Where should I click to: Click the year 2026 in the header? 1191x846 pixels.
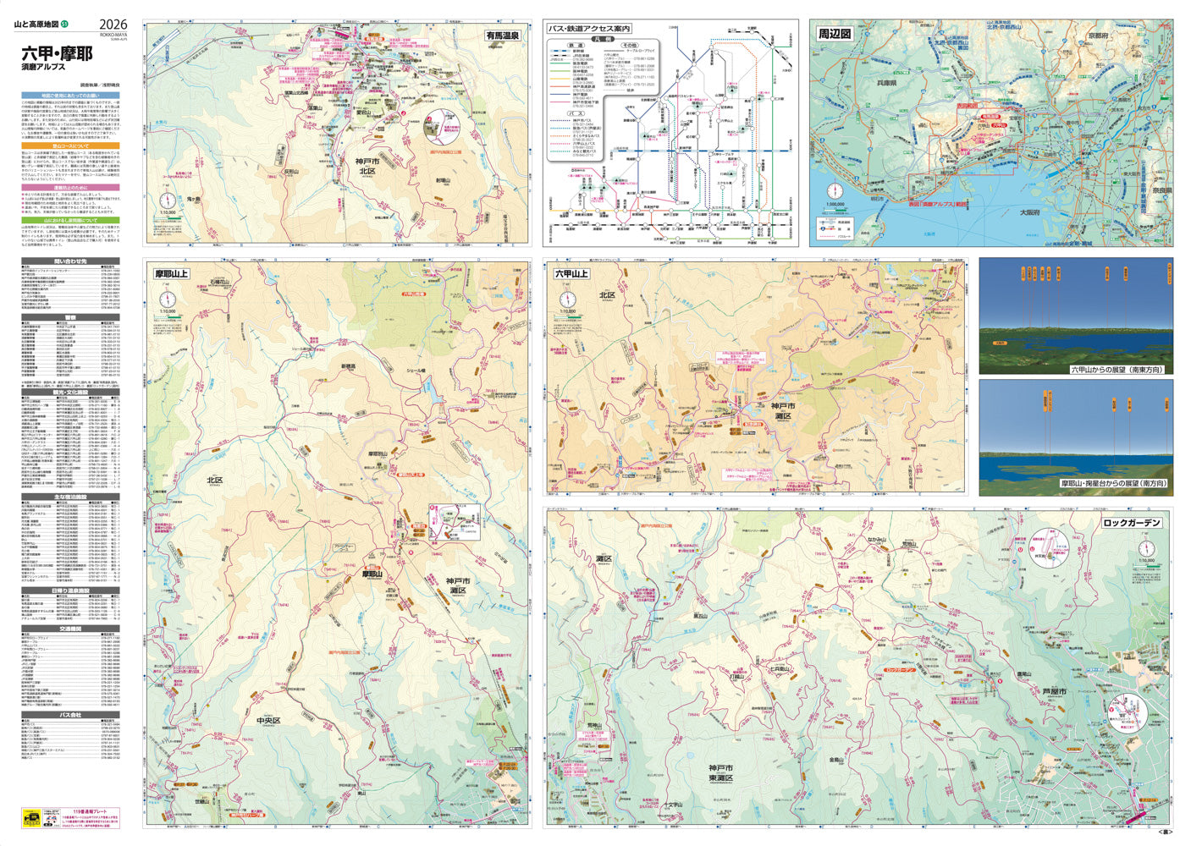coord(113,25)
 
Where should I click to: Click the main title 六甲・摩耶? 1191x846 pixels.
coord(57,54)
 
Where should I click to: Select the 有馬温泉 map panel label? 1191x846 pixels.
coord(503,36)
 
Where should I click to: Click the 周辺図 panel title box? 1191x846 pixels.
coord(834,34)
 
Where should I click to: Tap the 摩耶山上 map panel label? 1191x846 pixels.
coord(171,273)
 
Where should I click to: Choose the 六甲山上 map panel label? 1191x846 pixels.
coord(571,273)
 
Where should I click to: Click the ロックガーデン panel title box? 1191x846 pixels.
coord(1132,523)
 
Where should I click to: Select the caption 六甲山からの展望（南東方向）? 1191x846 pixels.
coord(1117,370)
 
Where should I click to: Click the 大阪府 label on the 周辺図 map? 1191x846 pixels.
coord(1029,212)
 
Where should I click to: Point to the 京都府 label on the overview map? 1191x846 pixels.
coord(1098,36)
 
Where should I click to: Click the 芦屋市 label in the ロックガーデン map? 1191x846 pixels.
coord(1054,691)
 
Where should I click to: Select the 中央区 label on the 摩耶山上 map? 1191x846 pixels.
coord(267,721)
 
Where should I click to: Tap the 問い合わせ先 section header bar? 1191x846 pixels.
coord(70,261)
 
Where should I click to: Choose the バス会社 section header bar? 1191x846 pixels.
coord(70,715)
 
